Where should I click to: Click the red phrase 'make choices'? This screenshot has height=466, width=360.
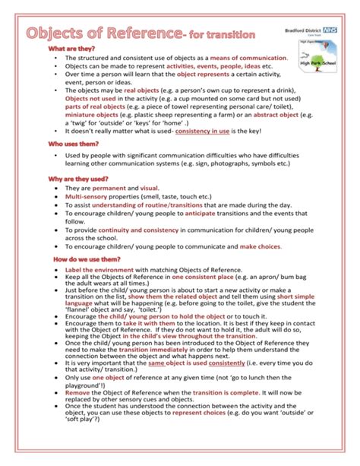(x=262, y=246)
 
